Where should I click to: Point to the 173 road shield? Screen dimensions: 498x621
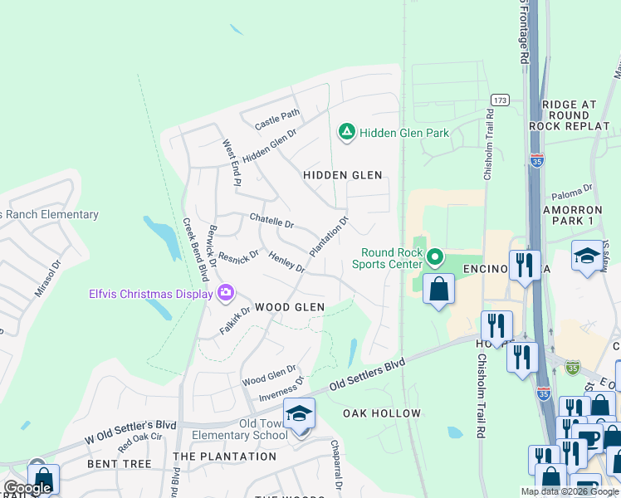(499, 100)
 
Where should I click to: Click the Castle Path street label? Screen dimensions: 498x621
(277, 120)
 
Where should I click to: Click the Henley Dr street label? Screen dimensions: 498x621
(286, 262)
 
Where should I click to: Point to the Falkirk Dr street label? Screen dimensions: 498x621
(235, 320)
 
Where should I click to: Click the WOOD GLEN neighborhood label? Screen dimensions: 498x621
(289, 307)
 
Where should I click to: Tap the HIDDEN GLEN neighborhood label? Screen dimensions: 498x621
(342, 175)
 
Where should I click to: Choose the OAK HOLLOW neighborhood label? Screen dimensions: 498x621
(382, 413)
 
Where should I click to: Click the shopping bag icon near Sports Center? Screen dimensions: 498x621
(438, 290)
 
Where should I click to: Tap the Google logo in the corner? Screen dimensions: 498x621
(27, 489)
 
